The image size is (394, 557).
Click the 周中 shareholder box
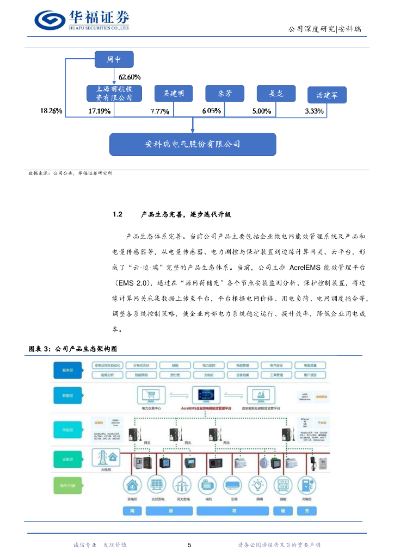[x=113, y=60]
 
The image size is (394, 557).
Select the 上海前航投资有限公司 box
[x=114, y=94]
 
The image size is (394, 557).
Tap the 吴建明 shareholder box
[x=174, y=94]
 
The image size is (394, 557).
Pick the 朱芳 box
[x=224, y=94]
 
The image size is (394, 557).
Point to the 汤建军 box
[x=327, y=95]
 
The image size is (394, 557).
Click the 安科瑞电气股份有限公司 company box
[x=193, y=144]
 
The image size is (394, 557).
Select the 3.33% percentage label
[x=314, y=111]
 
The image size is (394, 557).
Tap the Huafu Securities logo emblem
[x=50, y=20]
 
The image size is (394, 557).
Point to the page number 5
[x=189, y=545]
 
